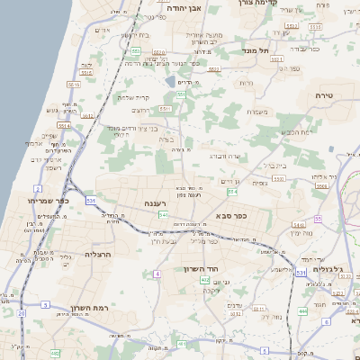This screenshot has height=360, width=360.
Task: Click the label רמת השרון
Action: pyautogui.click(x=88, y=309)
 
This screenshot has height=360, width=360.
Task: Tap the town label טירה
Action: pyautogui.click(x=325, y=94)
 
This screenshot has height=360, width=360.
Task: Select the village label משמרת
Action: pyautogui.click(x=256, y=112)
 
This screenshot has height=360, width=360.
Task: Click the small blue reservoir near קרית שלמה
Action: pyautogui.click(x=171, y=82)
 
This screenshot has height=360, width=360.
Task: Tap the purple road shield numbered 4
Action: pyautogui.click(x=157, y=273)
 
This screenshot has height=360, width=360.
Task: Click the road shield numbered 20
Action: pyautogui.click(x=20, y=313)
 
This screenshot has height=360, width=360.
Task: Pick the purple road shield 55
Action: pyautogui.click(x=317, y=219)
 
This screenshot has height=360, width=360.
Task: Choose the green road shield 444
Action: pyautogui.click(x=302, y=310)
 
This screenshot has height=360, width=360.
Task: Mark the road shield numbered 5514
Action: pyautogui.click(x=63, y=125)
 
